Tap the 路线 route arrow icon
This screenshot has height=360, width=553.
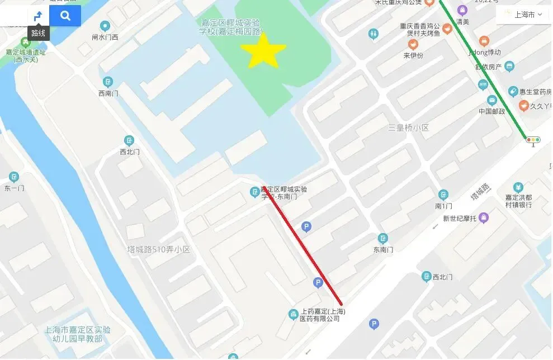[38, 16]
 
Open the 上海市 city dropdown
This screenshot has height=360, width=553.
[523, 15]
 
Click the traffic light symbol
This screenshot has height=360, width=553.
[533, 140]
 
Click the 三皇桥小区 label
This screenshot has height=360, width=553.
[408, 128]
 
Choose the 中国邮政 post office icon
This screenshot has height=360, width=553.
[492, 101]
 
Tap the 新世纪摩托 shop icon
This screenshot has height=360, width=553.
[484, 217]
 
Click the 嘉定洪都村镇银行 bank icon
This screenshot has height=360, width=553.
[518, 187]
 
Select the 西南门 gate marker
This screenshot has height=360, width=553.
[108, 82]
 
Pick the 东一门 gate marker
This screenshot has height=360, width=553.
[14, 177]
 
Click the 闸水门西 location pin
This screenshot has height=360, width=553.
[105, 26]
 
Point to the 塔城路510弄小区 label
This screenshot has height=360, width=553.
[159, 249]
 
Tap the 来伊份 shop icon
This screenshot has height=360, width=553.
[413, 45]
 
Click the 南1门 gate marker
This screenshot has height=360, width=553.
[443, 195]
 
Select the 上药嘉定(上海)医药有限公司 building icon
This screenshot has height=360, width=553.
[293, 315]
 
